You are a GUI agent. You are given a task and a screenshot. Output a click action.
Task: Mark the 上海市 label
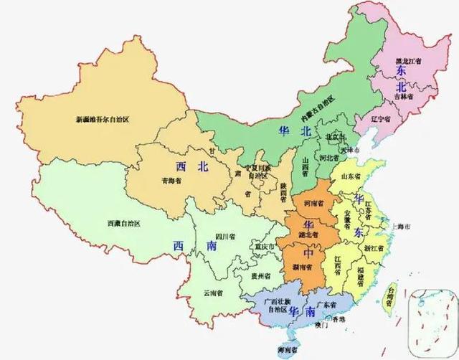pyautogui.click(x=399, y=227)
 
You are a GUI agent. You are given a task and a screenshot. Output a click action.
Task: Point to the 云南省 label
pyautogui.click(x=213, y=293)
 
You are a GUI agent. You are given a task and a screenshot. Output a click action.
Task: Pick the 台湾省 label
pyautogui.click(x=391, y=297)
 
